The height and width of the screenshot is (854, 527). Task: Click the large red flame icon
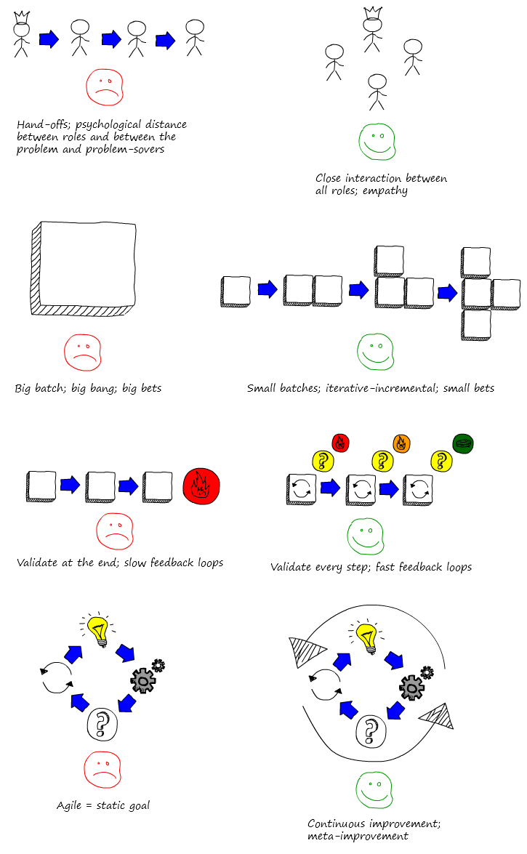[201, 486]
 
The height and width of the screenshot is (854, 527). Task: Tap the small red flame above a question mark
[340, 443]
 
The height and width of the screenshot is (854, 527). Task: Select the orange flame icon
[401, 443]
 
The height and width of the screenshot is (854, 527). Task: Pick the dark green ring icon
[463, 443]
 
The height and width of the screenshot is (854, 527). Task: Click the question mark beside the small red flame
[323, 461]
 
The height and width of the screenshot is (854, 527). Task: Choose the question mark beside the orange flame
[382, 461]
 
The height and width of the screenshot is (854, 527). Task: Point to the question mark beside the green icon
[441, 461]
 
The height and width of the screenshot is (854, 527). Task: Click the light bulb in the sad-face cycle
[98, 628]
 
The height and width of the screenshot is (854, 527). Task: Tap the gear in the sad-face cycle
[143, 680]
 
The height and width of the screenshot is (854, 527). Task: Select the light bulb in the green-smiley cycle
[367, 635]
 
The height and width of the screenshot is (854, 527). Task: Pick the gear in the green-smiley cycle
[412, 688]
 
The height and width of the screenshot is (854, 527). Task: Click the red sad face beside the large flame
[115, 531]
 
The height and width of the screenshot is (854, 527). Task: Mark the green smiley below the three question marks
[366, 536]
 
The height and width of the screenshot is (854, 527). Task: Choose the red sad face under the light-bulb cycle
[102, 769]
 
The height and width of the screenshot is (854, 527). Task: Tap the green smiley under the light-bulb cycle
[374, 790]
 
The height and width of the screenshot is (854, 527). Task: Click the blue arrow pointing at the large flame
[129, 486]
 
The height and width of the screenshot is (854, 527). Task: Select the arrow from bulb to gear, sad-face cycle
[126, 653]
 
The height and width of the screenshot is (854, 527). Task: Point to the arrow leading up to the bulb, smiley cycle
[342, 661]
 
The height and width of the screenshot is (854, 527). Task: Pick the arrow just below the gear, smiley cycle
[395, 711]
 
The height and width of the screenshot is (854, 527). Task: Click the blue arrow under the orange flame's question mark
[389, 489]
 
